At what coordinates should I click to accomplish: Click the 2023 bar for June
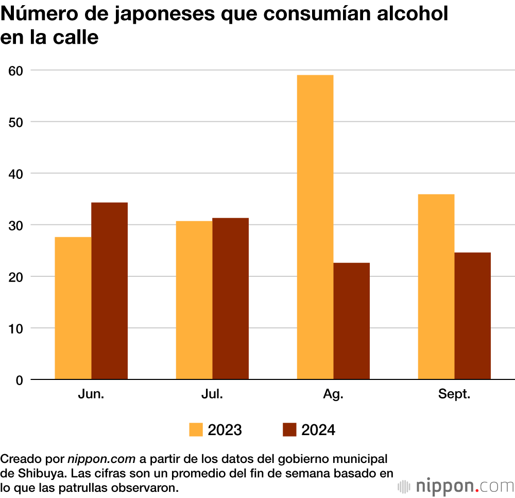73,308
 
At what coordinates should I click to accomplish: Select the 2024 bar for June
110,291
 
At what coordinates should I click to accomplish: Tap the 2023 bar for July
194,301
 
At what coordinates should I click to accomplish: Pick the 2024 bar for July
231,299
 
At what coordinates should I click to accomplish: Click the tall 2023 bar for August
315,227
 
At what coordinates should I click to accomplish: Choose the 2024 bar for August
352,321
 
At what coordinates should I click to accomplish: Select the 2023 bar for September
436,287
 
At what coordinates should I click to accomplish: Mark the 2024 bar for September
473,316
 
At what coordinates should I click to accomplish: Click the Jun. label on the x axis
91,394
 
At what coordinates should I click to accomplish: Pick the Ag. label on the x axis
333,394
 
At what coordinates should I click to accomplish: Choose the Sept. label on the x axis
454,394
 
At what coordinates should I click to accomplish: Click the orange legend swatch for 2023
196,430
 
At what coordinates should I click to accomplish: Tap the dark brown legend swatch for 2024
290,430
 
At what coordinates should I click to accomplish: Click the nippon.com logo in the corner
456,486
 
